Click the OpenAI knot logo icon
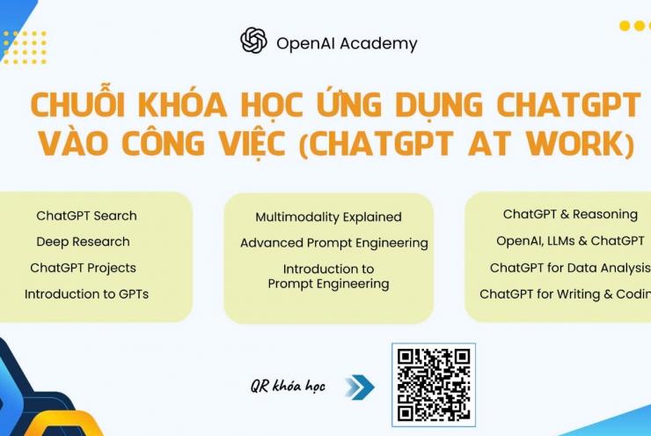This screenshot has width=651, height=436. coord(253,41)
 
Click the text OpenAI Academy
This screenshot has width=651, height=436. coord(347,43)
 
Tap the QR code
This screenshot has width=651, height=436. coord(433,385)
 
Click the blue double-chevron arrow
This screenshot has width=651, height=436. coord(359,387)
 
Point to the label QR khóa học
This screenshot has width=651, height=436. coord(288,387)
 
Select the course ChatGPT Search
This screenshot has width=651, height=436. coord(86,216)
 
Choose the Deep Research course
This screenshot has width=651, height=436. coord(83,241)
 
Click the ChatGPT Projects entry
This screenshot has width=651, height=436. coord(83,268)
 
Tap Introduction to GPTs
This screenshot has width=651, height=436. coord(86,294)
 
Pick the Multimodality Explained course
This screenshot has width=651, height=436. coord(328,217)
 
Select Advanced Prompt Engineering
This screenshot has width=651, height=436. coord(334,243)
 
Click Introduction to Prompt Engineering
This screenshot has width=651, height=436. coord(328,277)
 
